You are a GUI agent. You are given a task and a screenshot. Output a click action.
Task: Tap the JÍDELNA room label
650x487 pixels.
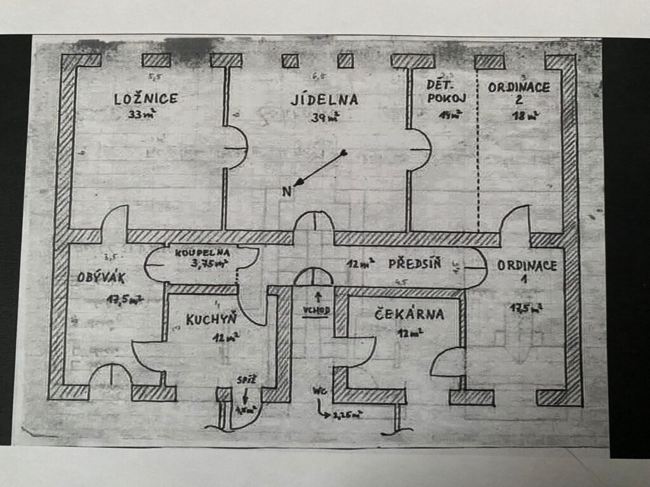pos(324,99)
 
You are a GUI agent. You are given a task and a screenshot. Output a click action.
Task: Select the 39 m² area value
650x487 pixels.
pos(324,117)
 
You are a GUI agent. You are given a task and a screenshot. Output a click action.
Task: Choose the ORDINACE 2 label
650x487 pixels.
pos(519,94)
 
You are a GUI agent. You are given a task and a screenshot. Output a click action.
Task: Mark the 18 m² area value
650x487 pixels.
pos(525,115)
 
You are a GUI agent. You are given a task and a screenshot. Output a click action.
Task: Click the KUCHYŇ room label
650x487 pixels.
pos(211,320)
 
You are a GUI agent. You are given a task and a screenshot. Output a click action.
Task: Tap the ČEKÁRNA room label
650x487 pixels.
pos(409,314)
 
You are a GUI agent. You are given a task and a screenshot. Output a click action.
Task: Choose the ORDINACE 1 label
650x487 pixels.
pos(527,273)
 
